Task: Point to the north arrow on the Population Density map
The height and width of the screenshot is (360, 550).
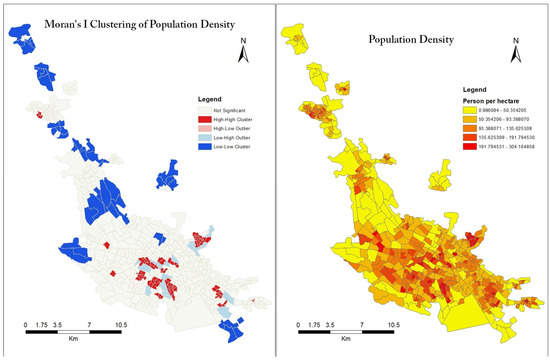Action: pyautogui.click(x=515, y=51)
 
